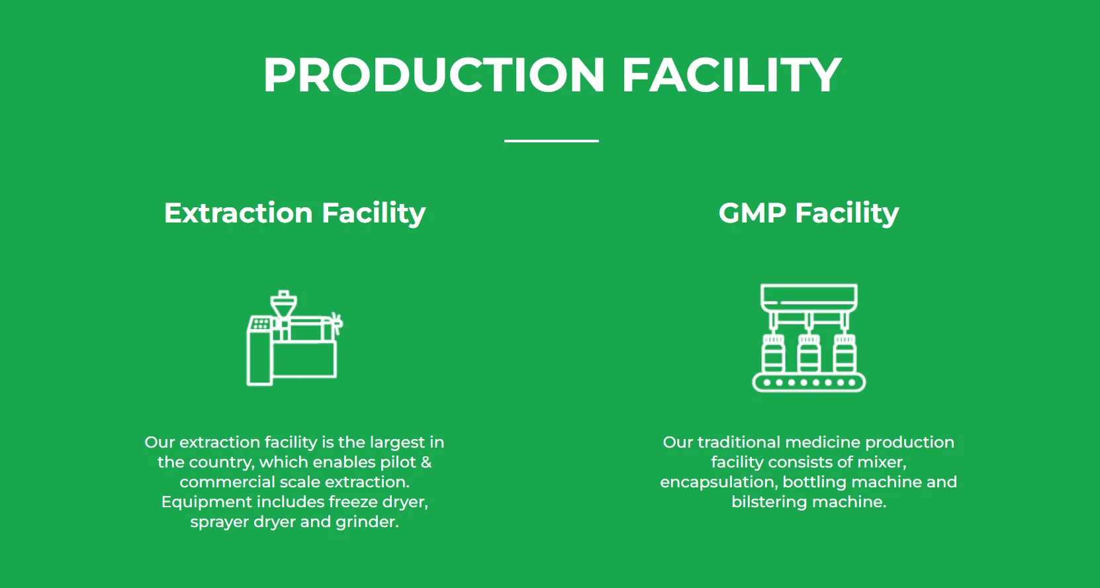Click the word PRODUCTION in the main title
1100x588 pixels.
coord(434,75)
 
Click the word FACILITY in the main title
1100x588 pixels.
coord(731,75)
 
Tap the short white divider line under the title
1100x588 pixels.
coord(551,141)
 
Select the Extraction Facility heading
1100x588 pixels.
coord(295,213)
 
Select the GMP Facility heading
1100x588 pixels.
coord(808,213)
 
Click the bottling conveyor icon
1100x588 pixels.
coord(809,338)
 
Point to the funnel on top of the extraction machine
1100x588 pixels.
coord(284,305)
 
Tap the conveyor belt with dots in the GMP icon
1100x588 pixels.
coord(809,382)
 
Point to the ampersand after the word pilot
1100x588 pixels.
coord(426,462)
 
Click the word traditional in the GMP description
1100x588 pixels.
coord(739,442)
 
